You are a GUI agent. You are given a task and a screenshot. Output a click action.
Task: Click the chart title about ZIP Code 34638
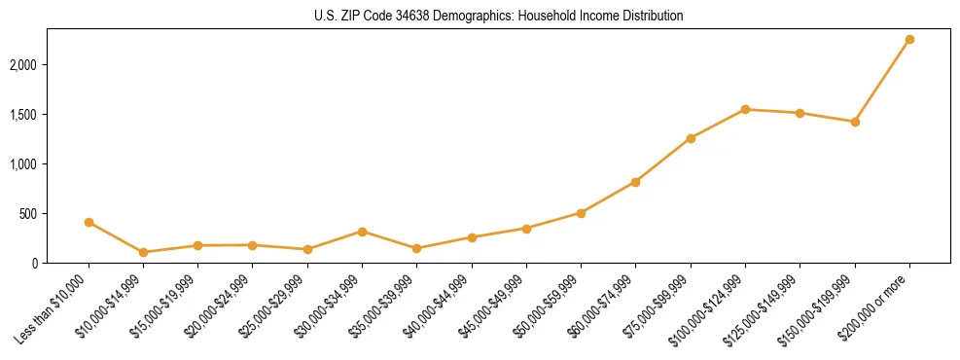(499, 17)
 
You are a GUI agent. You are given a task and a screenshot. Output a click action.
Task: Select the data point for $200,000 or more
(909, 40)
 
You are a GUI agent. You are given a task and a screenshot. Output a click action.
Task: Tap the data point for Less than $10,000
(89, 222)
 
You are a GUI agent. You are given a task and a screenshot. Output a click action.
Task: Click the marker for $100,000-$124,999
(745, 109)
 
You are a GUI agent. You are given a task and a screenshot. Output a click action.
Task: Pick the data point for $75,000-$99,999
(691, 138)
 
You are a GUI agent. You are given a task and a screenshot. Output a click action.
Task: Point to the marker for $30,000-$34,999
(362, 232)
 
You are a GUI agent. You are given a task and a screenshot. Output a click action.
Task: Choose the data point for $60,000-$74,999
(635, 182)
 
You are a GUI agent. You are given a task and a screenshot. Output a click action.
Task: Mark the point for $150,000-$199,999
(855, 122)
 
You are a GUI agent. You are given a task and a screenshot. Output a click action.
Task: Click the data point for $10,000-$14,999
(144, 252)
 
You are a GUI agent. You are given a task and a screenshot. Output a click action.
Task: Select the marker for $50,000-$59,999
(581, 212)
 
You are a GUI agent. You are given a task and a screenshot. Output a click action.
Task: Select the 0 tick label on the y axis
(34, 263)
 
